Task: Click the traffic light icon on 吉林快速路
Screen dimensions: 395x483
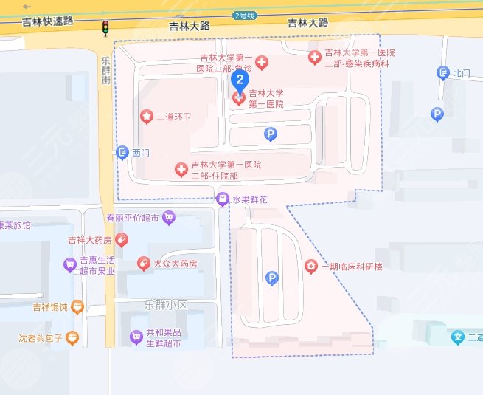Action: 105,29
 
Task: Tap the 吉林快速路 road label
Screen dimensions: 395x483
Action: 49,21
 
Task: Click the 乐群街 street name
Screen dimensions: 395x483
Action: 106,71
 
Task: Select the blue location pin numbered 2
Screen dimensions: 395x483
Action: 240,79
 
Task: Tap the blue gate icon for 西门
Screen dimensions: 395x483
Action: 123,153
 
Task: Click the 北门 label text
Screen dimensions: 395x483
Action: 462,72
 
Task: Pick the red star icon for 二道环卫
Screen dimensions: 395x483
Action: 146,117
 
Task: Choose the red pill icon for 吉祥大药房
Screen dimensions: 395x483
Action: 122,239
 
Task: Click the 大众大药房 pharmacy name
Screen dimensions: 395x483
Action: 176,264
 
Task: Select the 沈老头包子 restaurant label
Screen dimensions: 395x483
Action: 39,339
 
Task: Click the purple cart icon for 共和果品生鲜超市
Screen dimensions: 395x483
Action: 136,337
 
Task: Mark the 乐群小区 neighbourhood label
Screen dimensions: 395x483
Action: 167,305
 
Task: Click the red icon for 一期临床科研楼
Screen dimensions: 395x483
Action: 311,266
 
